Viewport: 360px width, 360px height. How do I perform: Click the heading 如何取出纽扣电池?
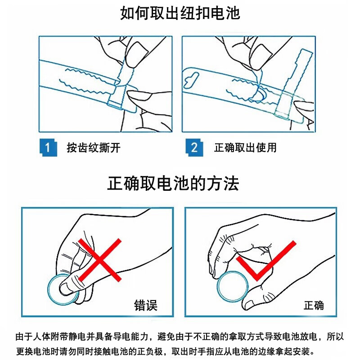[x=180, y=13]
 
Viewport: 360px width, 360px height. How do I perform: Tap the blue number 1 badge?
[x=48, y=148]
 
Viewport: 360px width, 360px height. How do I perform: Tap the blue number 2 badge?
[x=194, y=148]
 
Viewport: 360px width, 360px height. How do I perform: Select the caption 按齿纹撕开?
[x=94, y=148]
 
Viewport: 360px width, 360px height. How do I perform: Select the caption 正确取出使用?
[x=245, y=148]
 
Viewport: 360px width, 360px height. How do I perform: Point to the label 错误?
[x=146, y=306]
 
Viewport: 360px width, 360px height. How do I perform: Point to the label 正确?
[x=314, y=306]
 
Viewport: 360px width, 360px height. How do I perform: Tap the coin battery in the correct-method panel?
[x=233, y=287]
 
